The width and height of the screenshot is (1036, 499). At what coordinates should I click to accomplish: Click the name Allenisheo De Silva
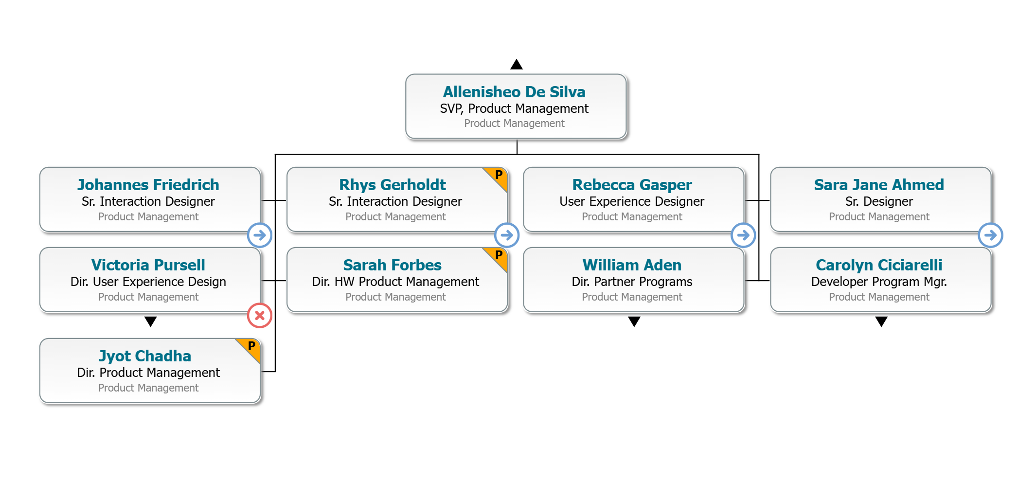514,92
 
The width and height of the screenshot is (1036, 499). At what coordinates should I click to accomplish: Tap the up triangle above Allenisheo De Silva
517,65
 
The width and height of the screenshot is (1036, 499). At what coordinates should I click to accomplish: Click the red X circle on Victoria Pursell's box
260,315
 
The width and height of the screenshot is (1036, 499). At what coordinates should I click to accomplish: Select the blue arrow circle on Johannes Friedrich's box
260,235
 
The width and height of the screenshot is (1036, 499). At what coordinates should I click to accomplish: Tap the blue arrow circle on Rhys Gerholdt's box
507,235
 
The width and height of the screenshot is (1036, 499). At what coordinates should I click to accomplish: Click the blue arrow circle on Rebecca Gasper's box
743,235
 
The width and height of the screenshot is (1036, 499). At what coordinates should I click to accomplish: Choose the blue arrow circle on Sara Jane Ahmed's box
990,235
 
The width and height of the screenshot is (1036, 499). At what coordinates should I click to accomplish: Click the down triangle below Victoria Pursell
151,321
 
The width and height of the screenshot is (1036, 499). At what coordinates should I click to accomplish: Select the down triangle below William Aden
634,321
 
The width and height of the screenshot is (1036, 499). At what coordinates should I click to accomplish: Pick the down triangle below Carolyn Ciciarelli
881,321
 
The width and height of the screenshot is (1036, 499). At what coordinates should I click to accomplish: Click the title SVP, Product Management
514,108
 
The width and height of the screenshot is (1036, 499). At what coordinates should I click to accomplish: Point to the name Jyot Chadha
145,356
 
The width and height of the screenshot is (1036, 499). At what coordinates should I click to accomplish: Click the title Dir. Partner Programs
632,282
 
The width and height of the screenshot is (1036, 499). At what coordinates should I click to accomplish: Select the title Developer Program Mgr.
879,282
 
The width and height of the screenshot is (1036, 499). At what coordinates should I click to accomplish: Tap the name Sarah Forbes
392,265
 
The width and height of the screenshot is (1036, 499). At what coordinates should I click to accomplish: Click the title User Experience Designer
632,201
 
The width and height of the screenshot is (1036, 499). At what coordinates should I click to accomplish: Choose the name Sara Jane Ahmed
879,185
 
